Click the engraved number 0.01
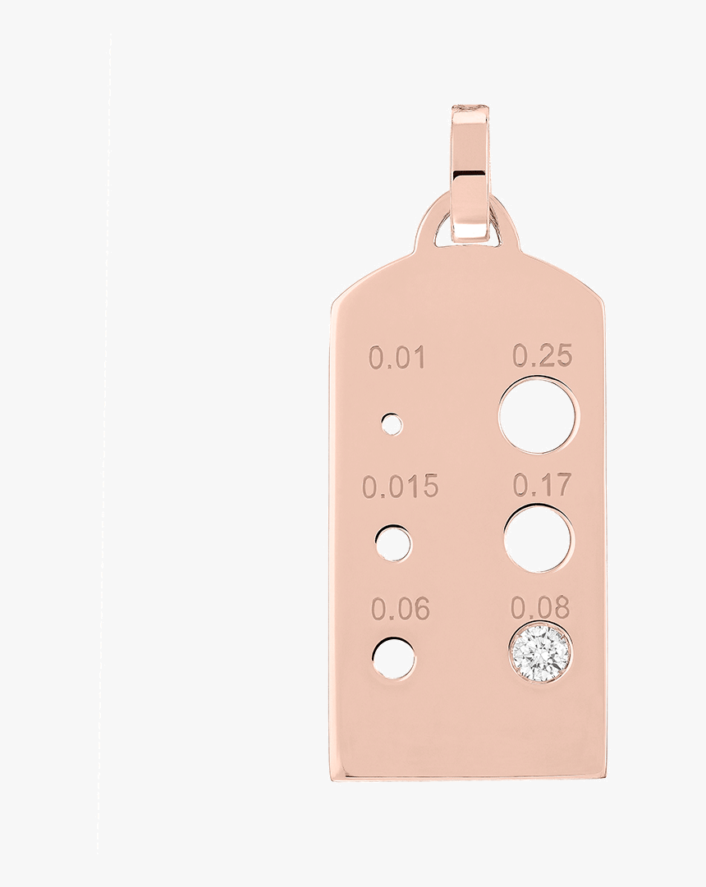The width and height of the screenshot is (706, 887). (397, 358)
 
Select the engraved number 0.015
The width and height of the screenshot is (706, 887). (400, 487)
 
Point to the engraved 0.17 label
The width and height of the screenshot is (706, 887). (541, 485)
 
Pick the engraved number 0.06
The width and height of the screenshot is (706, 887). (400, 610)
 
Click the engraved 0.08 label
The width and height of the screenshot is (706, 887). (540, 608)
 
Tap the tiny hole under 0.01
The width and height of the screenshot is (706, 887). (392, 424)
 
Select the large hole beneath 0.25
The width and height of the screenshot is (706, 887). (538, 415)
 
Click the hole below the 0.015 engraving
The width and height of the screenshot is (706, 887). (393, 543)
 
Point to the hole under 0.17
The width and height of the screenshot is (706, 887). (539, 539)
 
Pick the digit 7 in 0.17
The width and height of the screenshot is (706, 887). (561, 485)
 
